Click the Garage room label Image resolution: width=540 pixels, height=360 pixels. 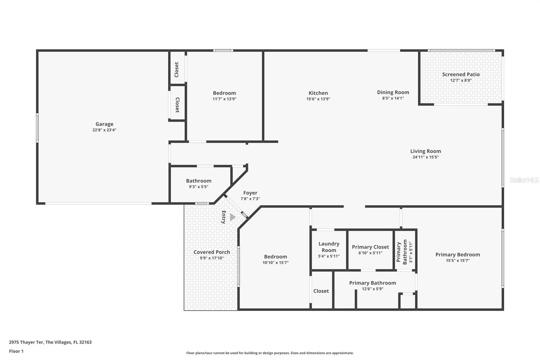point(104,124)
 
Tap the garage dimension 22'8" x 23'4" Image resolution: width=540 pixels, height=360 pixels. point(104,130)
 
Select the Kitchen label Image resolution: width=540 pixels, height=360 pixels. point(318,93)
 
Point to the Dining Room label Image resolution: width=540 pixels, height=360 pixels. point(393,92)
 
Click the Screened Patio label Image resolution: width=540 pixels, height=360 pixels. point(461,74)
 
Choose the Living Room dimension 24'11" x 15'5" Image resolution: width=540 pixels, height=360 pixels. point(425,157)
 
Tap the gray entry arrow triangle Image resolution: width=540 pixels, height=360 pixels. point(232,217)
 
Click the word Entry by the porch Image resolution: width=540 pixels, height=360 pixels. point(223,217)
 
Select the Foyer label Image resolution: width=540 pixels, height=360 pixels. point(250,193)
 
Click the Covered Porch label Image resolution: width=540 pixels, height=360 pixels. point(212,252)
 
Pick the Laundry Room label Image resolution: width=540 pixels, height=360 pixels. point(329,247)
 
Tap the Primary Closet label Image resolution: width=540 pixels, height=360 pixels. point(370,247)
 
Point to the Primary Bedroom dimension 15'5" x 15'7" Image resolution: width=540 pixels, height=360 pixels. point(457,261)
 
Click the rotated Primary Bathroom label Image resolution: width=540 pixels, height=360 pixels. point(402,252)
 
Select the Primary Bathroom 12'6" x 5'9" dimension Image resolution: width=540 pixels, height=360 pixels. point(373,289)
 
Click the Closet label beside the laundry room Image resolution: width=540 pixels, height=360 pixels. point(321,291)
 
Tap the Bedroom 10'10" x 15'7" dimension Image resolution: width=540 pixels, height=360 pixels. point(275,263)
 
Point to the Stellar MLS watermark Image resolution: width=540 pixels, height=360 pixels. point(524,180)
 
